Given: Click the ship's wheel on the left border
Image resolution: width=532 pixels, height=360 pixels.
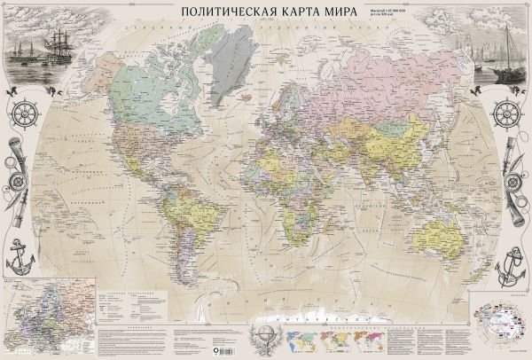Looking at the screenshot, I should [x=22, y=115].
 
